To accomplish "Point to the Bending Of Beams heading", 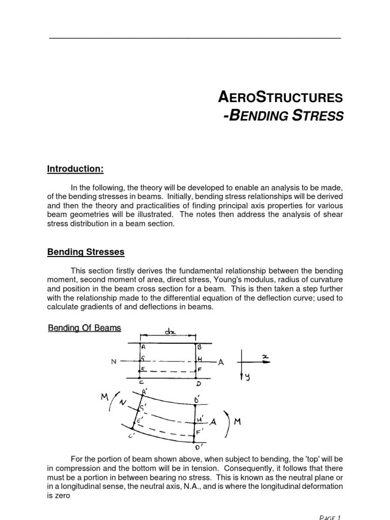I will click(x=84, y=328).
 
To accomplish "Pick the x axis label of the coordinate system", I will click(x=265, y=357).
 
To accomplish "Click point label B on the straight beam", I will click(x=200, y=347).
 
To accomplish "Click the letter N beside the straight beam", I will click(x=114, y=362).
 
